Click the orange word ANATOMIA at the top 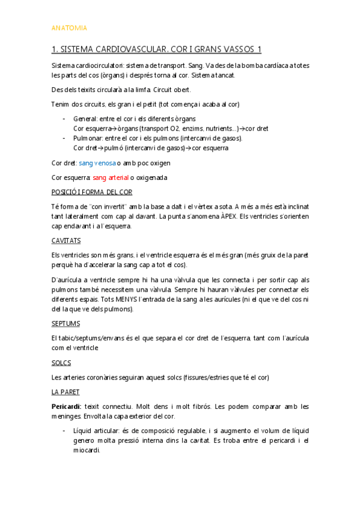69,28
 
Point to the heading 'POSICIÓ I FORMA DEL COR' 92,192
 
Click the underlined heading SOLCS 61,363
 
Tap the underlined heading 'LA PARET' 66,392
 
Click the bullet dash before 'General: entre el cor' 64,119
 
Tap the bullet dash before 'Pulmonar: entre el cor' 64,138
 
